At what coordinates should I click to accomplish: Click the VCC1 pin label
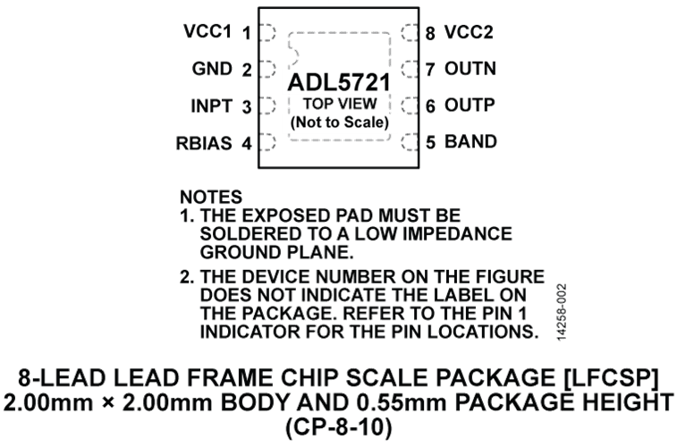pyautogui.click(x=207, y=31)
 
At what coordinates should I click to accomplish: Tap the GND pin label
pyautogui.click(x=212, y=69)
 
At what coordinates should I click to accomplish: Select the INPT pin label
pyautogui.click(x=212, y=106)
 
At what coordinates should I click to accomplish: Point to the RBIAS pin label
pyautogui.click(x=204, y=143)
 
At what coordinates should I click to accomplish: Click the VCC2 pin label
pyautogui.click(x=469, y=32)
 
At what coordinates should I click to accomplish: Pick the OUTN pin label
pyautogui.click(x=470, y=69)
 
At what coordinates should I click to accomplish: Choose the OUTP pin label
pyautogui.click(x=470, y=105)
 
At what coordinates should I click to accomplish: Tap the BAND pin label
pyautogui.click(x=470, y=141)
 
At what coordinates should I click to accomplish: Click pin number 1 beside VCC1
pyautogui.click(x=247, y=33)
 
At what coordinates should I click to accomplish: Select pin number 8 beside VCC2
pyautogui.click(x=430, y=33)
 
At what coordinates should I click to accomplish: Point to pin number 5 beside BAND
pyautogui.click(x=430, y=142)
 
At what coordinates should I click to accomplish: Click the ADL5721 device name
pyautogui.click(x=339, y=82)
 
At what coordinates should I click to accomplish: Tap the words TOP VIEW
pyautogui.click(x=340, y=104)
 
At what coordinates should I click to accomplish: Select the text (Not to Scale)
pyautogui.click(x=340, y=122)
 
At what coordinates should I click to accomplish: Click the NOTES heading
pyautogui.click(x=211, y=198)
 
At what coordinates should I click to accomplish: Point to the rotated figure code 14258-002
pyautogui.click(x=562, y=312)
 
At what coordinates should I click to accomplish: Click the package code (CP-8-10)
pyautogui.click(x=339, y=427)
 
